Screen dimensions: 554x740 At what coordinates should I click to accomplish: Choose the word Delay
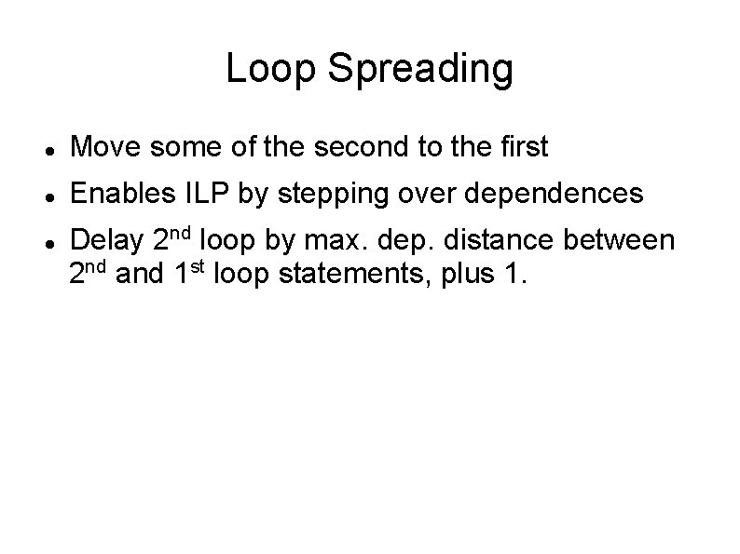[x=106, y=242]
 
